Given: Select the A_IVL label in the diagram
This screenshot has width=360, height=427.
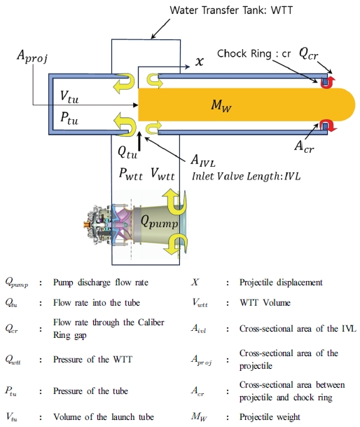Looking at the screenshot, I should coord(207,162).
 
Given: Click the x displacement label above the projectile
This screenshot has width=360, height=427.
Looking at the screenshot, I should coord(200,62).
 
